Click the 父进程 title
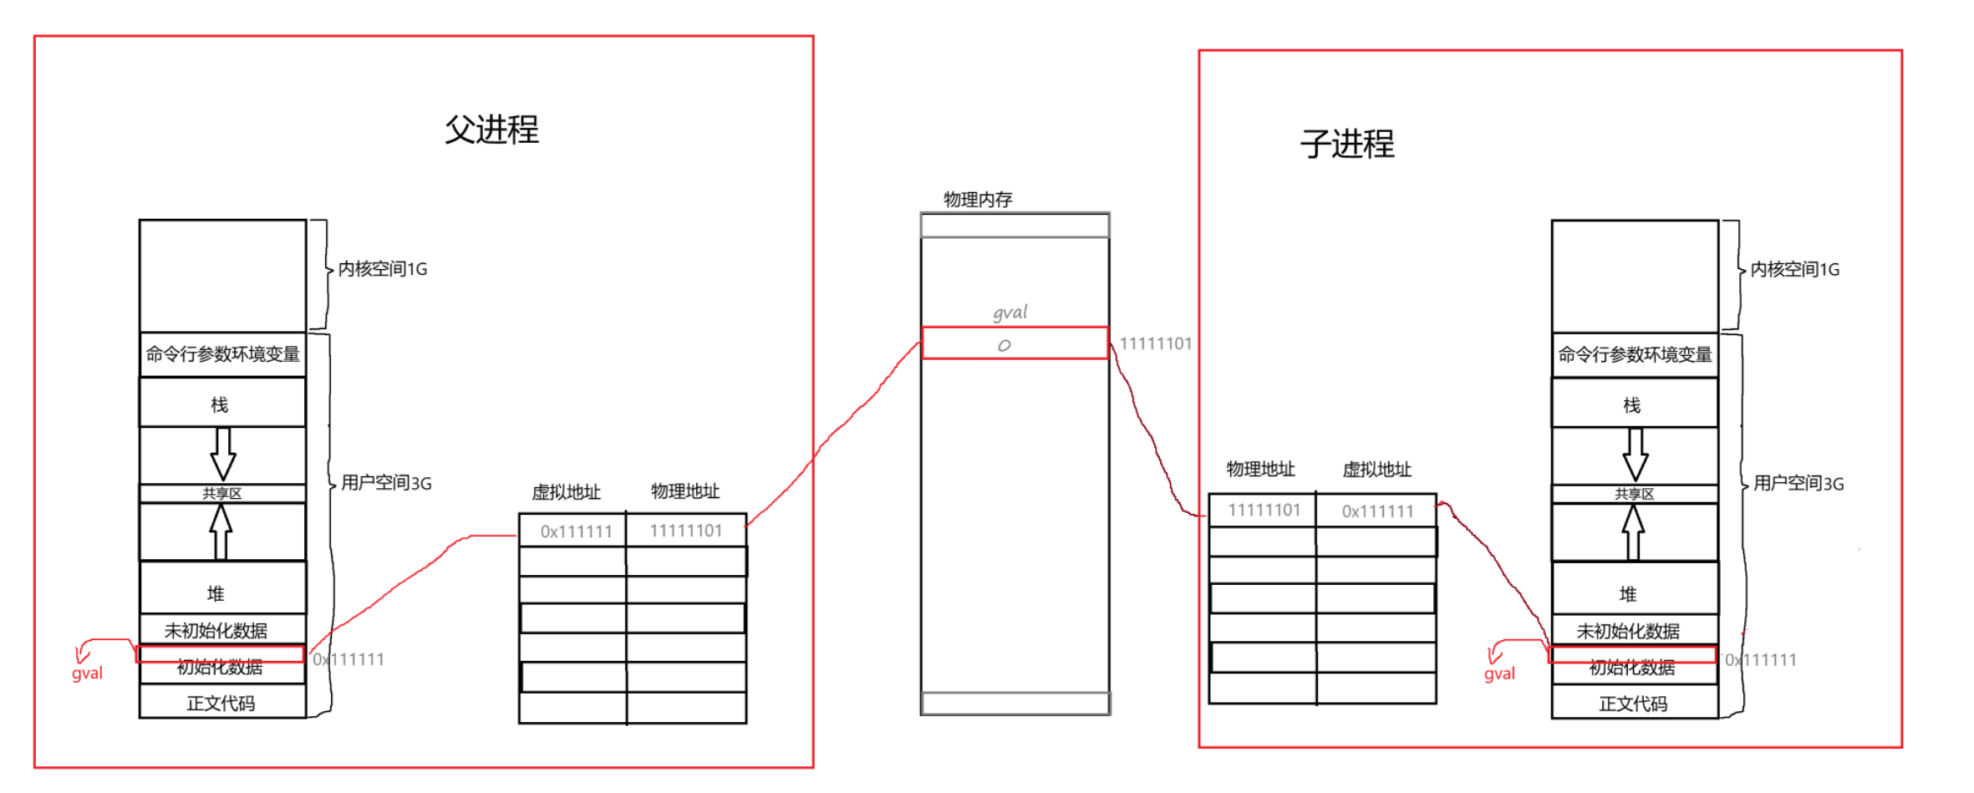[491, 130]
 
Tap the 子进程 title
[1347, 145]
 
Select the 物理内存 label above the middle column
[978, 200]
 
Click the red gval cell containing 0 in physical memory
[1015, 343]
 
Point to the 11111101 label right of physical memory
[1155, 343]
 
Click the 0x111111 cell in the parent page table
[575, 531]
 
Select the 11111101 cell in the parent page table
[685, 531]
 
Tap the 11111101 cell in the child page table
[1263, 510]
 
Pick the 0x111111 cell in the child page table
[1376, 511]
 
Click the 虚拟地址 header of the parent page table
[566, 492]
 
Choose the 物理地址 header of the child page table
[1260, 470]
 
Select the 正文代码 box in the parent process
[221, 704]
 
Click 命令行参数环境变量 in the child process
[1635, 355]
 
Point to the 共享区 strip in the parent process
[221, 493]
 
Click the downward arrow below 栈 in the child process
[1635, 455]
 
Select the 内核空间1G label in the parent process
[382, 269]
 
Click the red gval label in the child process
[1499, 674]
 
